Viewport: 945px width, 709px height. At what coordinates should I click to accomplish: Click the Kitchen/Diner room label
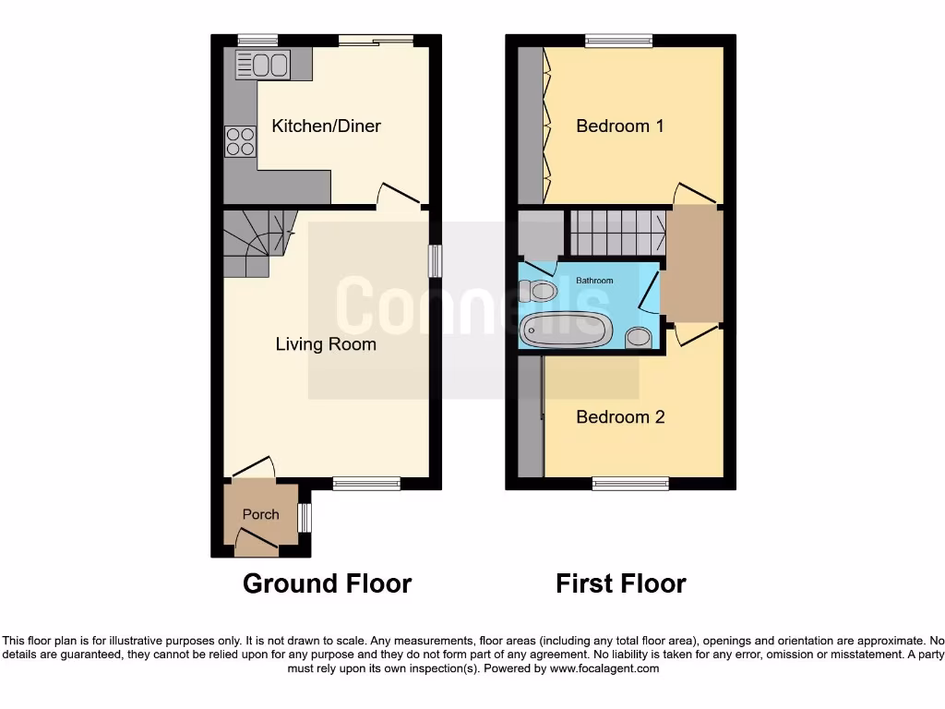click(326, 126)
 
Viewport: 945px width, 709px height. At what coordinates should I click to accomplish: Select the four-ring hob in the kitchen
click(240, 141)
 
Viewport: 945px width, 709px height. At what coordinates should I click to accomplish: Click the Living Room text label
click(326, 344)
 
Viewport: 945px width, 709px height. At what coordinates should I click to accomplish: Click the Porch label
click(260, 514)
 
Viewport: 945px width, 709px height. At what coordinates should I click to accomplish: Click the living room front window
click(366, 482)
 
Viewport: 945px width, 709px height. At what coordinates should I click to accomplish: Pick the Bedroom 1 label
click(619, 126)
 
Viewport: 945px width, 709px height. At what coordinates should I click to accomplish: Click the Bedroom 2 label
click(619, 417)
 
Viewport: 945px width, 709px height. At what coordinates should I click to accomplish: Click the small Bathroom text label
click(594, 280)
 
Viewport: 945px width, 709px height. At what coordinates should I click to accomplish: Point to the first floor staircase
click(616, 232)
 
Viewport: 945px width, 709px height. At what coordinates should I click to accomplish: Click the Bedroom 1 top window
click(618, 40)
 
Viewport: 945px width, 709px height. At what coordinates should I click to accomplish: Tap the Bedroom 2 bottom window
click(630, 483)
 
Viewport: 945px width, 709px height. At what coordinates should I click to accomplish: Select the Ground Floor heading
click(327, 583)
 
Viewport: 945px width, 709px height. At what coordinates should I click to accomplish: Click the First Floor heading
click(620, 583)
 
